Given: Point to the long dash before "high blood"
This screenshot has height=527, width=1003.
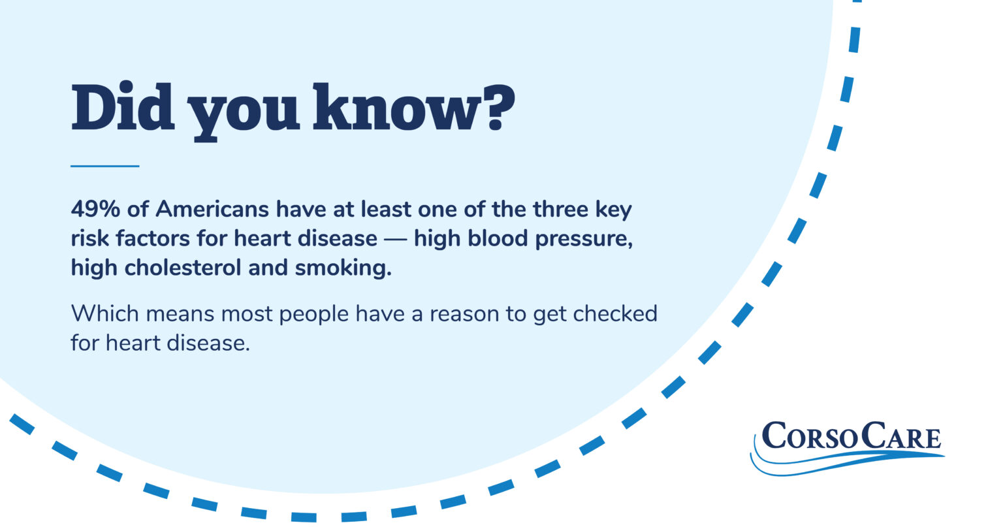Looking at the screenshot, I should (396, 239).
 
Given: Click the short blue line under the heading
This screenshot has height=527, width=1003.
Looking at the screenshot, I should (104, 167).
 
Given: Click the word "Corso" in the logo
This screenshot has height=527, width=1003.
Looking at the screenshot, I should (810, 436).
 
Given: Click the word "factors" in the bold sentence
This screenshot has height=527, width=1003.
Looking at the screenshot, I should (154, 238).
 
